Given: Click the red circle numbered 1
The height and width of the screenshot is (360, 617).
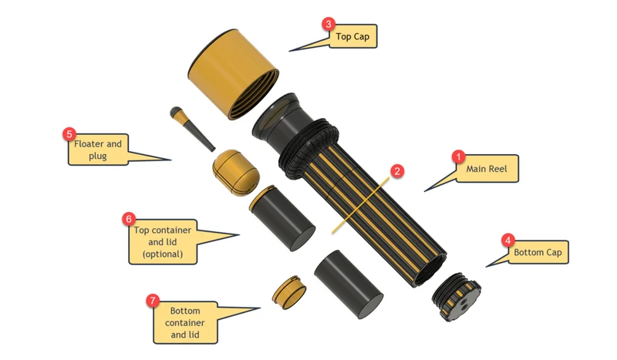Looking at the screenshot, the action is [458, 156].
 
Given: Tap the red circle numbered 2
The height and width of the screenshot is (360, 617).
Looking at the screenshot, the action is [397, 171].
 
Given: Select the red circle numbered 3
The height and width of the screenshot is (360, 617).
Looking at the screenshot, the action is [329, 24].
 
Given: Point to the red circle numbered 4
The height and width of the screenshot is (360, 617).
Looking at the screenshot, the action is [507, 240].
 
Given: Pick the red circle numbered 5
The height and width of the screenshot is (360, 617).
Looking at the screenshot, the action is [69, 134].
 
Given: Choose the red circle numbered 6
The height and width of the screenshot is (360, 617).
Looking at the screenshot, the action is [129, 219].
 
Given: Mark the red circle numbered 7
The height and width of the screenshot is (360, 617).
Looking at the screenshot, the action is [153, 301].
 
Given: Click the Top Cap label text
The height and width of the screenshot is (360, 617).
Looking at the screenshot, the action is [352, 36].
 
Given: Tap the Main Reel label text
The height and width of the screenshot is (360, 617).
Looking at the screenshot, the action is [487, 169].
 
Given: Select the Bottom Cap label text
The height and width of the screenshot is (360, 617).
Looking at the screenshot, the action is [538, 252].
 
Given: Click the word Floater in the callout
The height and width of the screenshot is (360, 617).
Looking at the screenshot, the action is [89, 143].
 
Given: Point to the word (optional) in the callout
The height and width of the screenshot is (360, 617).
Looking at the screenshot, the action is [163, 254].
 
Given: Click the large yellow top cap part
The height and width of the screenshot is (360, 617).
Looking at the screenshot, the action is [234, 73].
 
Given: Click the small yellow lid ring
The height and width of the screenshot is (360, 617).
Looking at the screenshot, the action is [289, 292].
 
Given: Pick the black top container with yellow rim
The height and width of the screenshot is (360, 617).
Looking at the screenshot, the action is [282, 218].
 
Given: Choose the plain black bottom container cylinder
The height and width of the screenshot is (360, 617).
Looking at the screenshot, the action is [349, 284].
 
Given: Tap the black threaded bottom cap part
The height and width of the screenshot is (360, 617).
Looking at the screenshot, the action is [457, 297].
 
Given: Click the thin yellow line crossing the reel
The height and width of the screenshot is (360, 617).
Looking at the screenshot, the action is [360, 205].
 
